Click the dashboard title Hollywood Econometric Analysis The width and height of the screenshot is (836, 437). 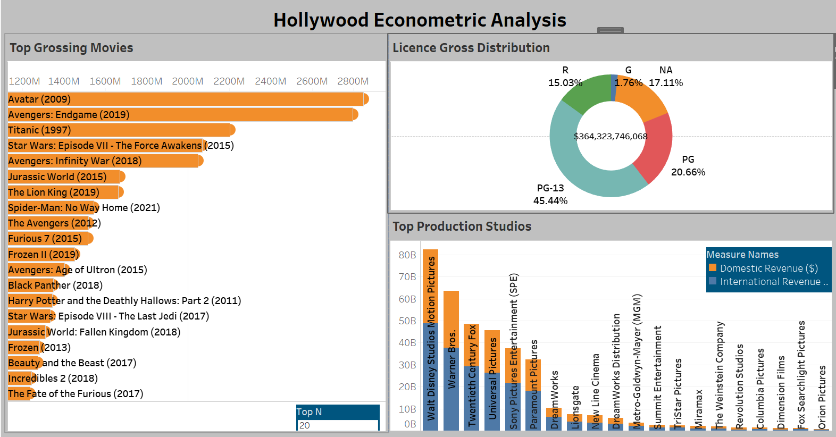click(419, 20)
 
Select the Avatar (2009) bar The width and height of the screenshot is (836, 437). click(186, 99)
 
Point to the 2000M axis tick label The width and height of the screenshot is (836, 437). click(187, 81)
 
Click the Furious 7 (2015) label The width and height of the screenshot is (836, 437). click(45, 239)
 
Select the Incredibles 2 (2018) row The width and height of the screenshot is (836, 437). click(53, 379)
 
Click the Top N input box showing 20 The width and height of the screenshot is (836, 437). click(337, 425)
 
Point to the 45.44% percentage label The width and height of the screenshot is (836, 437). click(550, 201)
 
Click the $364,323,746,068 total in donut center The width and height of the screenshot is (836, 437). click(611, 137)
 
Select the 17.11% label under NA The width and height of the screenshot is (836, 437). click(665, 83)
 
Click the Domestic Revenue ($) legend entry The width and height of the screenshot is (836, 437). click(768, 268)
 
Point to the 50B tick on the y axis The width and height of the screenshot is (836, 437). click(407, 321)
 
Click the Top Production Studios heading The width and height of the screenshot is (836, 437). click(462, 226)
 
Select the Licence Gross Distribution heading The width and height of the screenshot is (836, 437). click(471, 48)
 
